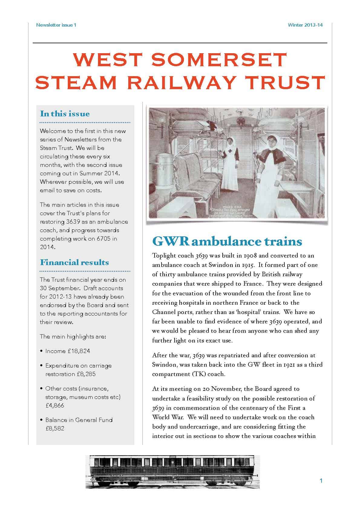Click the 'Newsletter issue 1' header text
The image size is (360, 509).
(x=56, y=25)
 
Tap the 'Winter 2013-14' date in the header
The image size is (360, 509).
(x=305, y=25)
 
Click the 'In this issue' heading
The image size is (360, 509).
(x=65, y=114)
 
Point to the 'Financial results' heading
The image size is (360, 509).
(x=74, y=262)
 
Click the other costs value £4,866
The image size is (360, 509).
(x=55, y=406)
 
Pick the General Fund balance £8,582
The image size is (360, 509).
(x=55, y=429)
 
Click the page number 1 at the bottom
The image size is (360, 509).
(x=321, y=481)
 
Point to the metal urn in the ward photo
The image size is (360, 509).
(x=163, y=159)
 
